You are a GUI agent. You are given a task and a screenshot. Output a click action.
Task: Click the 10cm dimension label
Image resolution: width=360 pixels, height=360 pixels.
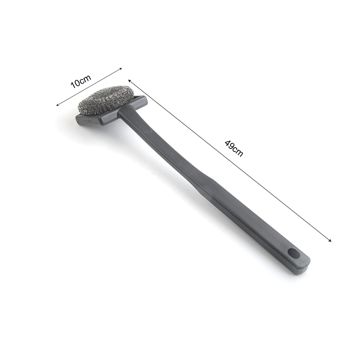81,81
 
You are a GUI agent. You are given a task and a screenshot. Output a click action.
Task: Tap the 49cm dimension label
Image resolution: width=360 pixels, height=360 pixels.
234,148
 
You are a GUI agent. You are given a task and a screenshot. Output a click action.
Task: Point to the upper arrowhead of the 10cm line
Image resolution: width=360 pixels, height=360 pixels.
120,69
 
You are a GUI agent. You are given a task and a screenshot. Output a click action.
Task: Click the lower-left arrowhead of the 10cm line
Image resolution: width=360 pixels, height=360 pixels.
58,105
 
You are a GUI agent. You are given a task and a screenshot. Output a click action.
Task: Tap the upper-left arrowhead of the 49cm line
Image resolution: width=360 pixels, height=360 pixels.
130,81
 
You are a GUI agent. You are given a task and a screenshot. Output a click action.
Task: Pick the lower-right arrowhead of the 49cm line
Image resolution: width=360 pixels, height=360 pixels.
330,240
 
